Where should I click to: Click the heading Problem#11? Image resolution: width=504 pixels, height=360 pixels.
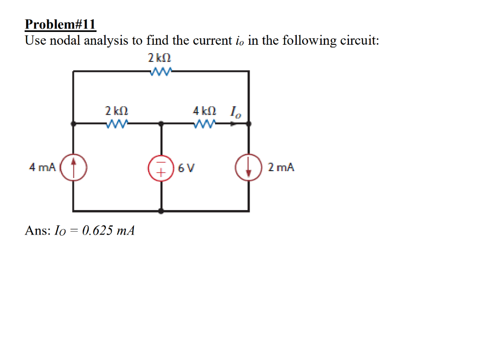pyautogui.click(x=61, y=25)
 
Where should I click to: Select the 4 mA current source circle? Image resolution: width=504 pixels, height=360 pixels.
pyautogui.click(x=74, y=167)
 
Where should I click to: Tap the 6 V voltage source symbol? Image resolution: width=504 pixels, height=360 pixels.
pyautogui.click(x=161, y=168)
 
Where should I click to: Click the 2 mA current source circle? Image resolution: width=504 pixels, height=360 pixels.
pyautogui.click(x=249, y=168)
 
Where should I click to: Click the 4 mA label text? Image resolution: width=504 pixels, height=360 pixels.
pyautogui.click(x=42, y=168)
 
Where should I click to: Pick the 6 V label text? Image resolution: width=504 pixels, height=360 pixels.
pyautogui.click(x=187, y=168)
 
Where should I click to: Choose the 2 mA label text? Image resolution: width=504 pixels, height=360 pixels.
pyautogui.click(x=282, y=168)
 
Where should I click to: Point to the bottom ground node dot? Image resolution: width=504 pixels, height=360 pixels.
pyautogui.click(x=161, y=211)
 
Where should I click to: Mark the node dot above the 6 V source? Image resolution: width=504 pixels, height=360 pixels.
pyautogui.click(x=161, y=124)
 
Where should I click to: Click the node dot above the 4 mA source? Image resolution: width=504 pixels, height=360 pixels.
pyautogui.click(x=74, y=124)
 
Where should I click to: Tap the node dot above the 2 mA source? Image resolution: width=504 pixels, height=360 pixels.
pyautogui.click(x=249, y=124)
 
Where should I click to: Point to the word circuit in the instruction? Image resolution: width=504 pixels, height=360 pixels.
pyautogui.click(x=359, y=41)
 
